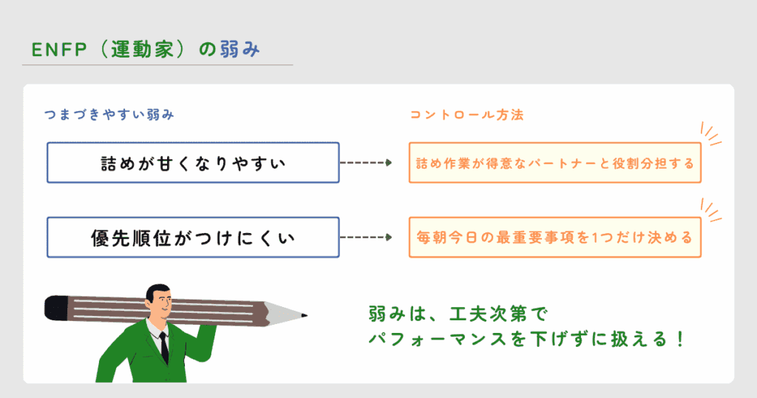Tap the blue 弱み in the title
coord(240,50)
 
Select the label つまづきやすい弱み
coord(109,115)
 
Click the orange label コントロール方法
coord(467,115)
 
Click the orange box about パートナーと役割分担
coord(554,163)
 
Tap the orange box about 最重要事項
coord(554,237)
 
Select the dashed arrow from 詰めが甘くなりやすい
coord(365,163)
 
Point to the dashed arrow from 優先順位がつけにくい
coord(365,237)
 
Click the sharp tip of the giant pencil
coord(304,317)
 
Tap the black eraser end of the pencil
coord(55,306)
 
